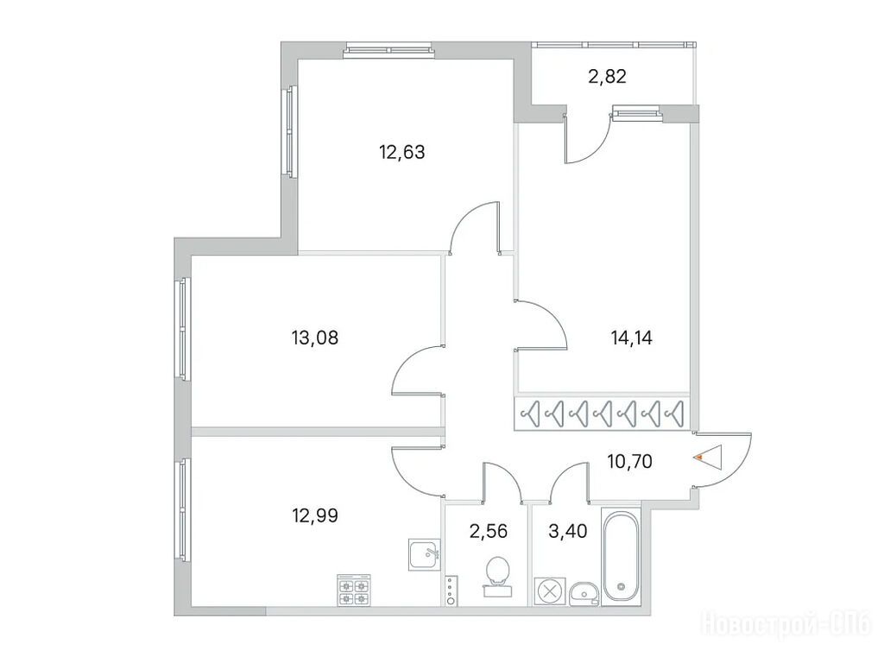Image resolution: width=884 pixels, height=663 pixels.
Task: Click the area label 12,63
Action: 402,152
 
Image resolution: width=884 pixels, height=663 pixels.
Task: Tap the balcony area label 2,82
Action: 607,76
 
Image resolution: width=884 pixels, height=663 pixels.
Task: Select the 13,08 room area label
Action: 315,338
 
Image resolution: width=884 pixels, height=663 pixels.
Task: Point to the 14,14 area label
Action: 631,338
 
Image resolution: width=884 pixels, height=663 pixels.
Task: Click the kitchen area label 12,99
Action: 315,515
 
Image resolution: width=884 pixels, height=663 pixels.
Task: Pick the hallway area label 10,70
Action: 629,462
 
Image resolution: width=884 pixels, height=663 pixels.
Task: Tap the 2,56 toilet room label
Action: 489,531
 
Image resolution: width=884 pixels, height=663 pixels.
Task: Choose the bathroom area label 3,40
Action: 568,531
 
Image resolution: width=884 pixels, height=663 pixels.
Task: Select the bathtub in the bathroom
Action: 622,557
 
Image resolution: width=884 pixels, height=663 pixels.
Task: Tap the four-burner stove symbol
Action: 354,590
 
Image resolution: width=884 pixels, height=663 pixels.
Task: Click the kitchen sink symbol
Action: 425,555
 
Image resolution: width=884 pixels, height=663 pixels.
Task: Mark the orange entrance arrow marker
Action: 699,458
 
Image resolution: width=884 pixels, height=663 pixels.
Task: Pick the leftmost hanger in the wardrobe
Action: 531,414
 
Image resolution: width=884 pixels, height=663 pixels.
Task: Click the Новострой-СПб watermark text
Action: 787,624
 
